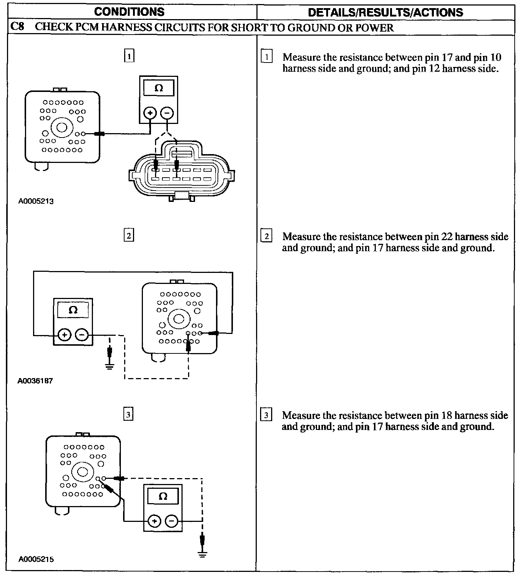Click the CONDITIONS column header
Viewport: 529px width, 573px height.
coord(129,12)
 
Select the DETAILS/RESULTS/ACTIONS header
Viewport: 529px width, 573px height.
coord(385,13)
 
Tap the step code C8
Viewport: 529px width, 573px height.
coord(18,27)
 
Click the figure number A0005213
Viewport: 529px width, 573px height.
coord(36,201)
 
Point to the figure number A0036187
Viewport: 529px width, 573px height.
coord(35,381)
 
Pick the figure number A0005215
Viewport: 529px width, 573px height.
coord(36,559)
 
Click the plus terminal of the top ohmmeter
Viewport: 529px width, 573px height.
coord(150,113)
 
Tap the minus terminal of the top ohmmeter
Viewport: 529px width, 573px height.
coord(167,113)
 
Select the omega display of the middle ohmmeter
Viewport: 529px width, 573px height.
coord(73,310)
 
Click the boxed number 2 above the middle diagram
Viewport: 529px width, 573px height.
coord(129,235)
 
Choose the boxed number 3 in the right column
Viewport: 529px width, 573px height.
coord(266,416)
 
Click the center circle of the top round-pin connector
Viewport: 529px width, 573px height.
coord(61,128)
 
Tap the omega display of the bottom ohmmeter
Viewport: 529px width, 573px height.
coord(163,497)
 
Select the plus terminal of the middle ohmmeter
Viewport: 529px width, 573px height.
coord(64,335)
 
